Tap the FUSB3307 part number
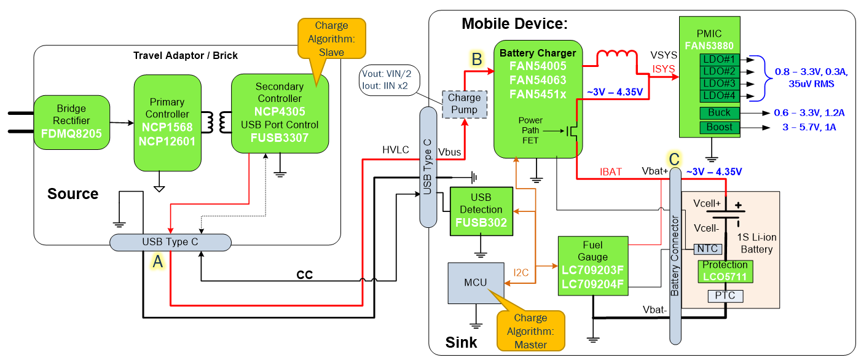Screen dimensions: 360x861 [279, 138]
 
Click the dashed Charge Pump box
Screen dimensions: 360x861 [465, 103]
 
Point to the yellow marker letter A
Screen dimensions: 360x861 [158, 262]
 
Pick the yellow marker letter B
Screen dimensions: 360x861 [476, 60]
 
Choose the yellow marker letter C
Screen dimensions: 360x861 [674, 159]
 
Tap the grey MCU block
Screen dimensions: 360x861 [475, 283]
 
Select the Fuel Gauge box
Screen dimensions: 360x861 [592, 265]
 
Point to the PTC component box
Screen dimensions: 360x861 [726, 296]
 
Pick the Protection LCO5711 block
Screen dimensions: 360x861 [725, 271]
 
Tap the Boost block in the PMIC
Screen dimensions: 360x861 [719, 127]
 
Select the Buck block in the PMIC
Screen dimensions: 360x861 [719, 112]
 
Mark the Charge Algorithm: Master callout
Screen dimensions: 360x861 [530, 331]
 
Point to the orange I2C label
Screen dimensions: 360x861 [521, 271]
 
